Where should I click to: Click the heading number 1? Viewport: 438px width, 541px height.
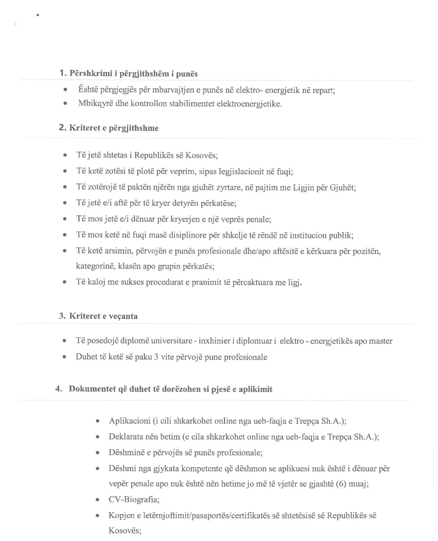coord(63,73)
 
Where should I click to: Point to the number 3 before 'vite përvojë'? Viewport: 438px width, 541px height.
coord(156,357)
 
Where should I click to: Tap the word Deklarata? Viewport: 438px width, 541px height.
coord(125,437)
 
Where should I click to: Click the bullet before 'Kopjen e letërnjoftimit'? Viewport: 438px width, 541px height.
coord(98,516)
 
